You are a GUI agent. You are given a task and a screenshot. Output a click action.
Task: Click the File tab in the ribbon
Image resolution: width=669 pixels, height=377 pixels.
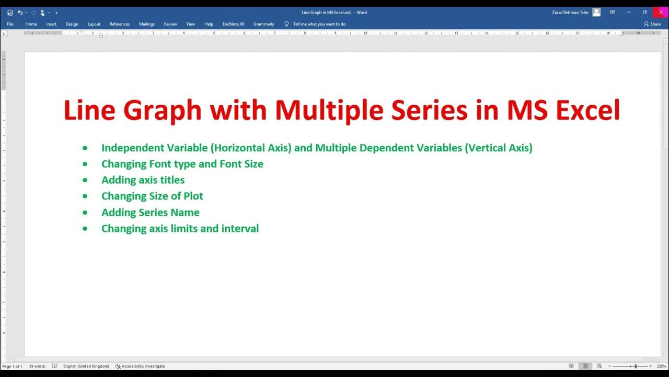[x=10, y=24]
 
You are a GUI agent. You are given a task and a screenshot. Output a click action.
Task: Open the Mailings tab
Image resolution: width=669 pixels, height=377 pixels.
[x=147, y=24]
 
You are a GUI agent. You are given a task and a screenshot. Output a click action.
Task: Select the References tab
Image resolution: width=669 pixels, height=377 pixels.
[x=120, y=24]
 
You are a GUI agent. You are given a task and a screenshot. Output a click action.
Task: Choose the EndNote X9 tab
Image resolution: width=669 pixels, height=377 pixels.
[x=233, y=24]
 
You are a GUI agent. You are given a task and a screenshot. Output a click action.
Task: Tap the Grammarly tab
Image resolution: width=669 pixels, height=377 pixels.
[x=264, y=24]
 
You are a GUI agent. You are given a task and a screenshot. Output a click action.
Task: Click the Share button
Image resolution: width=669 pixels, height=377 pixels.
[x=652, y=24]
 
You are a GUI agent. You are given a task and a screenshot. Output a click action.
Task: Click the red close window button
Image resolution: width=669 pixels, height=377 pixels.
[x=661, y=12]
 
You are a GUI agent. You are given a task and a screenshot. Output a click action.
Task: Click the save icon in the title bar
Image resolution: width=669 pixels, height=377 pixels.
[x=10, y=13]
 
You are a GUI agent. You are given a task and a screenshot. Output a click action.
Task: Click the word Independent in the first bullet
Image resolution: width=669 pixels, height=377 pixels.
[x=133, y=148]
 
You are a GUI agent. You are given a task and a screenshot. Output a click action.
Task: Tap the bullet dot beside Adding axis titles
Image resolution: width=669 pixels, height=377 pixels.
[x=85, y=180]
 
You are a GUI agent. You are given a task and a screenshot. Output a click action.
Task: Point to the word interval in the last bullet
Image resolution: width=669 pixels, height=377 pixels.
[x=240, y=229]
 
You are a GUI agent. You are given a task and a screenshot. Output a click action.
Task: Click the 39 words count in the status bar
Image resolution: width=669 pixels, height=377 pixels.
[x=37, y=367]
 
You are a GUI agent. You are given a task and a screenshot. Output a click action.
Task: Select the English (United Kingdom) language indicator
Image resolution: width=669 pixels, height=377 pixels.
[x=86, y=367]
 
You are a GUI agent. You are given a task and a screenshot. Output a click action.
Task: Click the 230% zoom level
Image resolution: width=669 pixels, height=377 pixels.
[x=661, y=367]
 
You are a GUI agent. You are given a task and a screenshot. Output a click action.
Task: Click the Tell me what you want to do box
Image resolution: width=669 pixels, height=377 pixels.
[x=319, y=24]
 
